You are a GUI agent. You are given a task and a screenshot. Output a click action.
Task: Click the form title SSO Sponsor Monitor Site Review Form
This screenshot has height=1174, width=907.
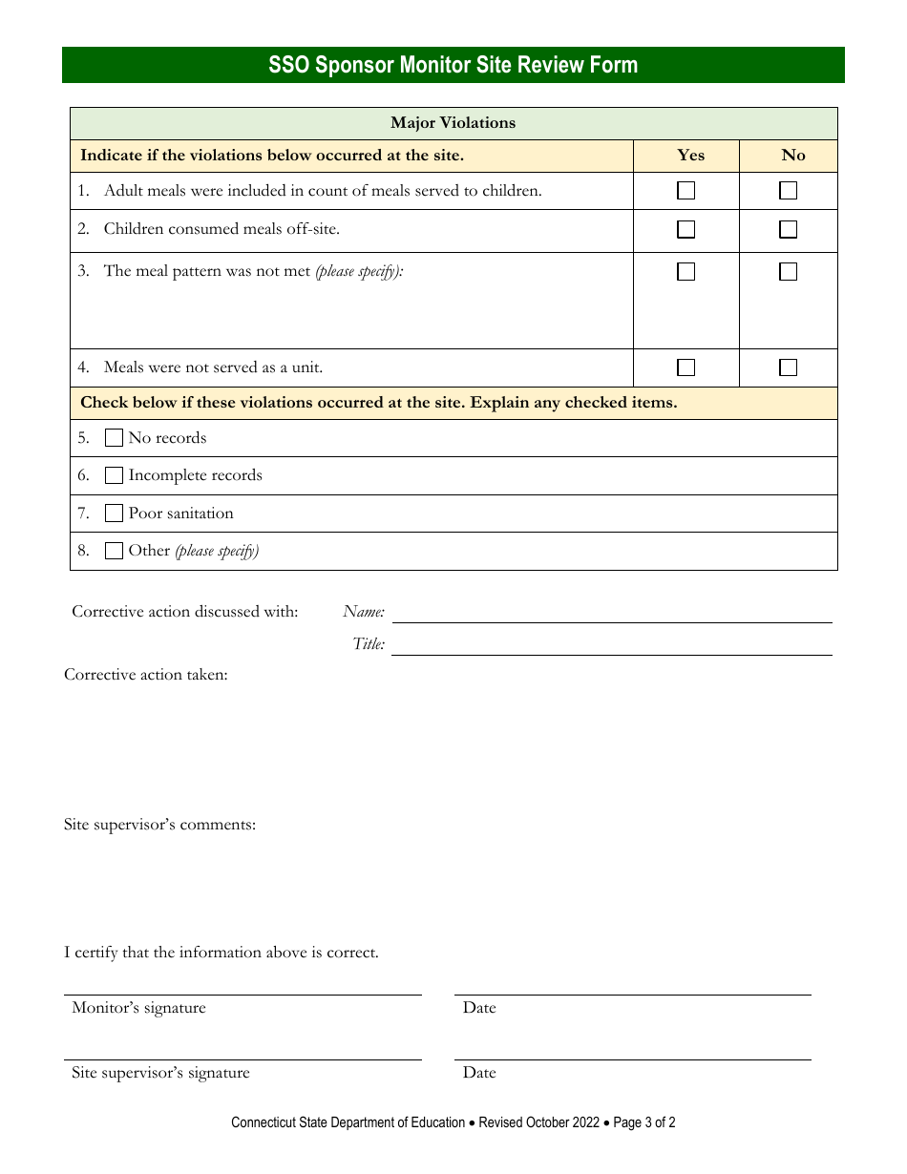(x=453, y=65)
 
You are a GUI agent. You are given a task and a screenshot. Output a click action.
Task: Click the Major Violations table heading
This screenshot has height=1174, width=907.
(x=453, y=123)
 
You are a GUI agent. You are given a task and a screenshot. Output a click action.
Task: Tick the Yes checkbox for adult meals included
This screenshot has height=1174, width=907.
(x=686, y=191)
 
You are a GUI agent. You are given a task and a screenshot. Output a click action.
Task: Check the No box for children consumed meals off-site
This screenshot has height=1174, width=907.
(x=788, y=229)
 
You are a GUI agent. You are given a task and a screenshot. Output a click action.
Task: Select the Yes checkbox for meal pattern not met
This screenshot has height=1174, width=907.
(x=686, y=272)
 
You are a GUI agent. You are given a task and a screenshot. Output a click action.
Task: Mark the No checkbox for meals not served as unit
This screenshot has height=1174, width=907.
(x=788, y=367)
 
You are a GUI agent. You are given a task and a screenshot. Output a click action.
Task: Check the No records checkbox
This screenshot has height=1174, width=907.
(x=114, y=438)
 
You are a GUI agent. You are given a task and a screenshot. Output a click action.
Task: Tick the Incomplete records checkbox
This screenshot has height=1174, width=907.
(x=114, y=475)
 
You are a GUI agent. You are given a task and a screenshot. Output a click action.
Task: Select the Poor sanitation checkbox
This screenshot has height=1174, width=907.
(x=114, y=514)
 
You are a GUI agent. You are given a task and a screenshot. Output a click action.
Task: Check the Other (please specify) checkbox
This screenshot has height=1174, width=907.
(x=114, y=551)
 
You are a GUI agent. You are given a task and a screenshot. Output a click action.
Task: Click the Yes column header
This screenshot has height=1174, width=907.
(x=690, y=156)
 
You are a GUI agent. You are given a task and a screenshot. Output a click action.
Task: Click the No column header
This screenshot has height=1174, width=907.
(x=792, y=156)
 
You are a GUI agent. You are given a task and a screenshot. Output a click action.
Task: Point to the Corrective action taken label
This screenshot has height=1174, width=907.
(x=146, y=675)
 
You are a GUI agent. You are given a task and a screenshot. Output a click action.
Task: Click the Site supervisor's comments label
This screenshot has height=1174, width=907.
(x=159, y=824)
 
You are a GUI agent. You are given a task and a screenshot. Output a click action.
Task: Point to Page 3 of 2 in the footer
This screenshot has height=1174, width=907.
(x=644, y=1122)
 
